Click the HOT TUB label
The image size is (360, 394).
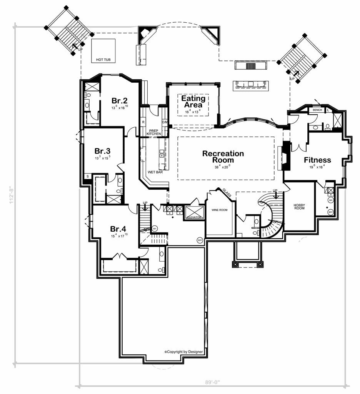click(x=103, y=60)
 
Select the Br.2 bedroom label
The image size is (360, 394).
click(x=120, y=101)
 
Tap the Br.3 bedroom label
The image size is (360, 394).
click(x=103, y=150)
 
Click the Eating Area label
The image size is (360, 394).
click(x=193, y=102)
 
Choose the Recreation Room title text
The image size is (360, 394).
click(x=223, y=157)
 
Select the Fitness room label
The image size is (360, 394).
click(x=317, y=160)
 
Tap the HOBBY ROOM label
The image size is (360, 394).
click(x=299, y=207)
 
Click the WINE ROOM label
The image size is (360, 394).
click(x=220, y=210)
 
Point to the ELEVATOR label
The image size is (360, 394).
click(x=194, y=217)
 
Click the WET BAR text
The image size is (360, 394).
click(x=155, y=172)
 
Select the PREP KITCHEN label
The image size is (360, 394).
click(x=153, y=132)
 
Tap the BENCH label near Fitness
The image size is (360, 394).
click(x=317, y=110)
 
